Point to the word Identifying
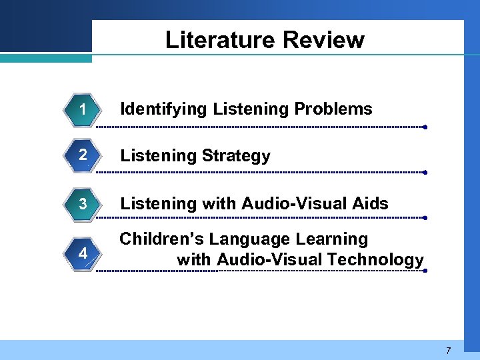coord(163,109)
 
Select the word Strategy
coord(236,157)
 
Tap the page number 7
coord(449,351)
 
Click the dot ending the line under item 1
coord(425,127)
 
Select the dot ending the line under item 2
coord(425,172)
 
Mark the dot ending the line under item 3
coord(425,217)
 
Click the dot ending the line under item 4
coord(425,271)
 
